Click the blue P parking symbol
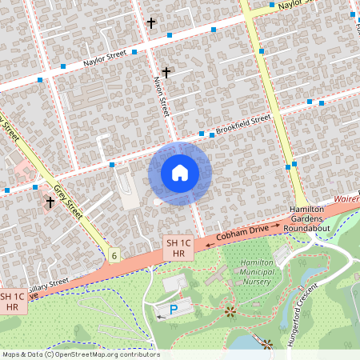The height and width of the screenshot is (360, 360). point(174,310)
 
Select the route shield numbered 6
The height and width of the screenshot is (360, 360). point(114,255)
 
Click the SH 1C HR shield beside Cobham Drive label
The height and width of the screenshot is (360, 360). point(174,248)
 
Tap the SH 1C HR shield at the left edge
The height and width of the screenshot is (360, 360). point(11,301)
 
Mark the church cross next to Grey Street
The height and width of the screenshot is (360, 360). point(50,202)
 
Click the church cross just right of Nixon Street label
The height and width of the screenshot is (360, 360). point(166,73)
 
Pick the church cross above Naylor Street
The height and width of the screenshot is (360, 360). point(151,22)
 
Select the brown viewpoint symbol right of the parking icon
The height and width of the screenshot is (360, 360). point(230,310)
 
